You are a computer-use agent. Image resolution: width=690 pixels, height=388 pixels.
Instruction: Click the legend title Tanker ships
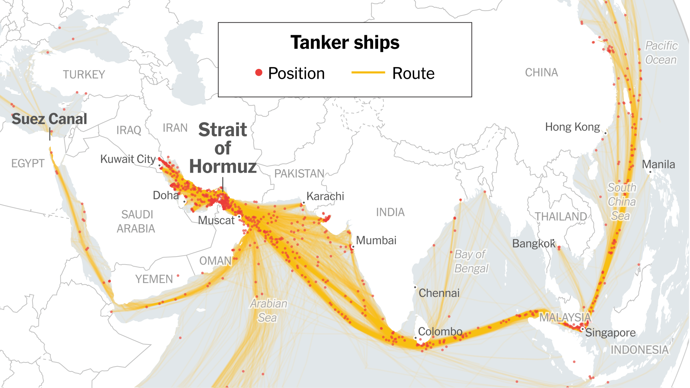345,43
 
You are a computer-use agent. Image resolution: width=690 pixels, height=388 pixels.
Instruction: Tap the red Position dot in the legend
259,73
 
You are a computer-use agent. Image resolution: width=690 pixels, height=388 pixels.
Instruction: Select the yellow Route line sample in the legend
368,72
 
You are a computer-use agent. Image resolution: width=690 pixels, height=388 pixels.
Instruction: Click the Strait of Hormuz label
223,148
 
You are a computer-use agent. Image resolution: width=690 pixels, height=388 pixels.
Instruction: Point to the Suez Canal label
49,119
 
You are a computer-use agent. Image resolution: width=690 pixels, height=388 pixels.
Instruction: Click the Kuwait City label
128,159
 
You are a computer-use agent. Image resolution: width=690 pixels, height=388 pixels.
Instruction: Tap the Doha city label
165,195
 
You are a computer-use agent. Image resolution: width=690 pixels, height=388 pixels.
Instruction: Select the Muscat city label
216,220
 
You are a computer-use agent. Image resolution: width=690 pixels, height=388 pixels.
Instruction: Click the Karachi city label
325,196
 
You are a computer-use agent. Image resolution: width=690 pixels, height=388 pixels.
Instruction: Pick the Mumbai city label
376,241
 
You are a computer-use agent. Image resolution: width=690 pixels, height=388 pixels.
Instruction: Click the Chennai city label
439,293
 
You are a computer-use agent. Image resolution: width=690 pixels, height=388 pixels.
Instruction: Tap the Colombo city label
440,331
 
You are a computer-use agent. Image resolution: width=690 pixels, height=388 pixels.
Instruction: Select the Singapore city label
610,333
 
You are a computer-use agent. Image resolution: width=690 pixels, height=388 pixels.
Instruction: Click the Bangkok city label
533,244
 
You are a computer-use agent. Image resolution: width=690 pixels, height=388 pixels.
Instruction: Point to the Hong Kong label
572,127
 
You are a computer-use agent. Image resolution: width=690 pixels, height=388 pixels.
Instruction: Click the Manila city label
658,164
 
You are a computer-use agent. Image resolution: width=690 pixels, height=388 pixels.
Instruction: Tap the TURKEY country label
84,75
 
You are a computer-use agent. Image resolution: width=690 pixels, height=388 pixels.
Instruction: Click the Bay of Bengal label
471,261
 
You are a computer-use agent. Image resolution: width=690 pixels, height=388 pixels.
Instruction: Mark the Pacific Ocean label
661,53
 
